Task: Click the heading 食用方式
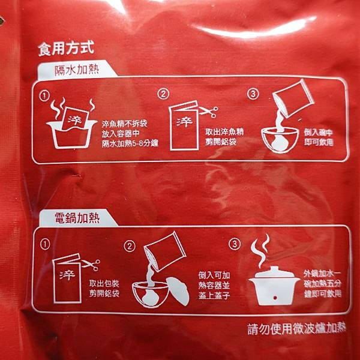click(66, 48)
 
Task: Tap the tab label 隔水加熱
click(77, 70)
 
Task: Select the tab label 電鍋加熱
click(77, 218)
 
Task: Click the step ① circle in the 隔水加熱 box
click(44, 96)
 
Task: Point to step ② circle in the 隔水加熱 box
click(163, 94)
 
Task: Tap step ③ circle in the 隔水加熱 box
click(253, 94)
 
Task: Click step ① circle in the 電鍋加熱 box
click(45, 245)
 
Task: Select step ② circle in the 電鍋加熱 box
click(129, 247)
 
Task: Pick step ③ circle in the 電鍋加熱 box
click(235, 244)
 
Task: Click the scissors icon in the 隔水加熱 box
click(208, 112)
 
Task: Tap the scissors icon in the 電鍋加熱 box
click(91, 265)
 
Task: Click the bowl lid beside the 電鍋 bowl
click(179, 291)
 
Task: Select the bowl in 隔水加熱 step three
click(280, 140)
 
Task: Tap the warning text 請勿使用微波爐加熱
click(296, 329)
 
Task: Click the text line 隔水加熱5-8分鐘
click(130, 143)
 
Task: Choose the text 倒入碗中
click(318, 133)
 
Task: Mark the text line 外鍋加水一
click(322, 274)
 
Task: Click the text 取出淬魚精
click(224, 132)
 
